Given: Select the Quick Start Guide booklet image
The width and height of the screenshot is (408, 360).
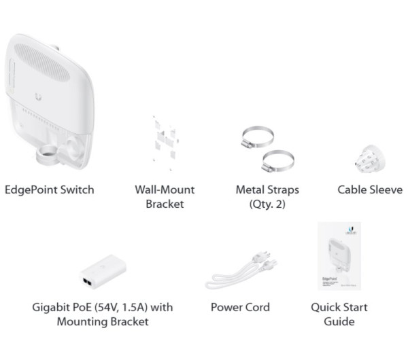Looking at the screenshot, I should [x=339, y=257].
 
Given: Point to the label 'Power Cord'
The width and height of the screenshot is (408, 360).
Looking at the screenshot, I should [x=240, y=307].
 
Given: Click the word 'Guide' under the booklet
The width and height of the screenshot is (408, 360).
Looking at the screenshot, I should [x=339, y=321].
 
